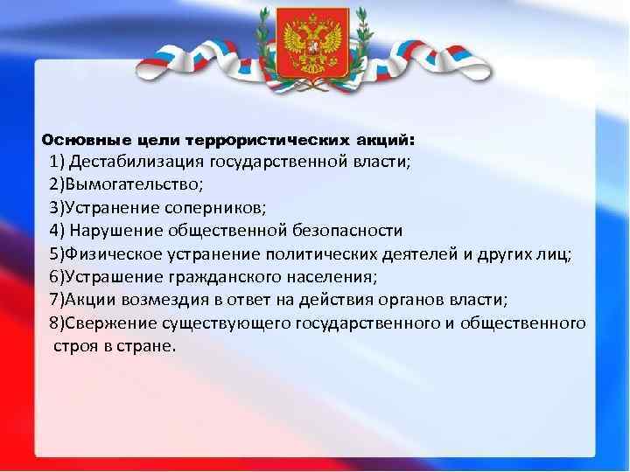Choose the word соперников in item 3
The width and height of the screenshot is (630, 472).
pyautogui.click(x=220, y=208)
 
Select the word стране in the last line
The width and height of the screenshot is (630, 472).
pyautogui.click(x=150, y=345)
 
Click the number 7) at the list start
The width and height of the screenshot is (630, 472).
pyautogui.click(x=58, y=300)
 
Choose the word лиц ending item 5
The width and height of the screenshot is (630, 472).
pyautogui.click(x=557, y=254)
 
